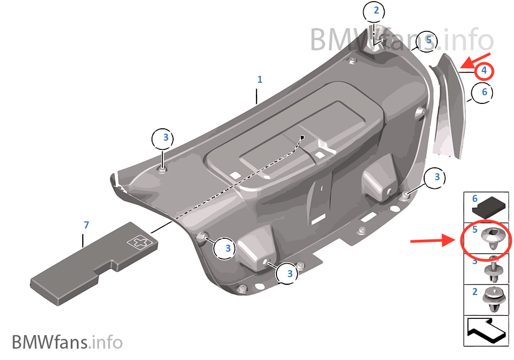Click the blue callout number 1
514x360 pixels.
click(260, 80)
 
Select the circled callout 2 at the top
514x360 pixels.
click(376, 11)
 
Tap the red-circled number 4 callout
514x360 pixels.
click(484, 70)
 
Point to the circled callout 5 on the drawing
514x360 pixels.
click(428, 40)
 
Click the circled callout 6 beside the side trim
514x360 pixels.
click(484, 92)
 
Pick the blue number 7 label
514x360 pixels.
click(85, 224)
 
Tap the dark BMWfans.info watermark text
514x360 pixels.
click(67, 342)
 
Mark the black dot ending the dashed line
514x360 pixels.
click(302, 137)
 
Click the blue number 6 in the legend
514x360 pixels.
click(475, 199)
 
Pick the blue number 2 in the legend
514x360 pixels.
click(475, 292)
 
